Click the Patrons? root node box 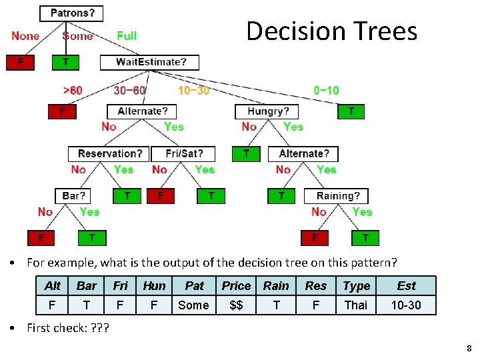pyautogui.click(x=72, y=13)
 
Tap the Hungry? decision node pyautogui.click(x=268, y=111)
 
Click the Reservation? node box pyautogui.click(x=109, y=154)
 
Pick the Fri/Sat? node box pyautogui.click(x=183, y=154)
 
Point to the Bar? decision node pyautogui.click(x=73, y=196)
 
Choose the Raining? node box pyautogui.click(x=337, y=196)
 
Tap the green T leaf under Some pyautogui.click(x=65, y=62)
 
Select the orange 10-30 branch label pyautogui.click(x=193, y=91)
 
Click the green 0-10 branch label pyautogui.click(x=326, y=90)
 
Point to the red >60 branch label pyautogui.click(x=73, y=91)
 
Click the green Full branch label pyautogui.click(x=127, y=35)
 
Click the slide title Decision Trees pyautogui.click(x=331, y=31)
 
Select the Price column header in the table pyautogui.click(x=236, y=286)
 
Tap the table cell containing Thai pyautogui.click(x=355, y=305)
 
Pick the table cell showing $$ pyautogui.click(x=236, y=305)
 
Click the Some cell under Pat pyautogui.click(x=194, y=305)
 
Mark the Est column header pyautogui.click(x=406, y=286)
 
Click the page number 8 pyautogui.click(x=469, y=348)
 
